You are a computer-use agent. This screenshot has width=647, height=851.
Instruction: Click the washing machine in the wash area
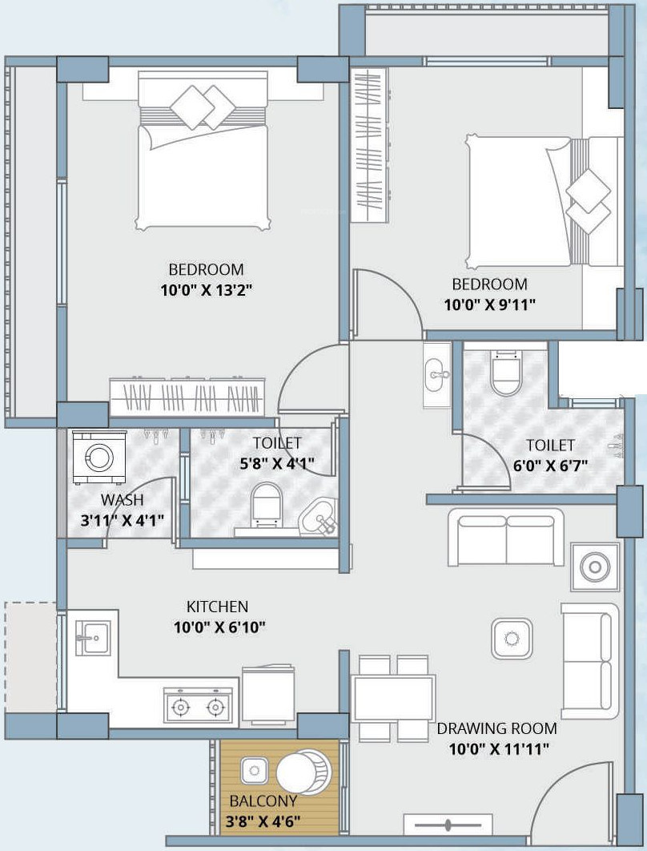[x=98, y=457]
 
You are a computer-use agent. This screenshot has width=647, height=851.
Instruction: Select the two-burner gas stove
[x=198, y=705]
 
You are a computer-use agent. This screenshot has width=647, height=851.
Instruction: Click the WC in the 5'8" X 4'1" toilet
[x=267, y=504]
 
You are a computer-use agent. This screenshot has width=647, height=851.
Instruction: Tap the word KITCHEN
[x=218, y=607]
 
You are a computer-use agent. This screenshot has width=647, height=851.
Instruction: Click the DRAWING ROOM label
[x=496, y=728]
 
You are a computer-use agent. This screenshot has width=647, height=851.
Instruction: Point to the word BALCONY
[x=263, y=801]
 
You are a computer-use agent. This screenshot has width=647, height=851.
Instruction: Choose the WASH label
[x=122, y=499]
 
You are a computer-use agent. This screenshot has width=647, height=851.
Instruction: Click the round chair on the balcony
[x=303, y=772]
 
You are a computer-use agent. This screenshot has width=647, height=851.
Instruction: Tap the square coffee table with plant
[x=512, y=638]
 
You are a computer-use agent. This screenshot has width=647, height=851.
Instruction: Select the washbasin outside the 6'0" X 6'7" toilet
[x=437, y=375]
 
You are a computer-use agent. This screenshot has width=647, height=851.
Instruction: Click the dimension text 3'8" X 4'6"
[x=263, y=821]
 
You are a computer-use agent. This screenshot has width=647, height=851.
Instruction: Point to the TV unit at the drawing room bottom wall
[x=448, y=825]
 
